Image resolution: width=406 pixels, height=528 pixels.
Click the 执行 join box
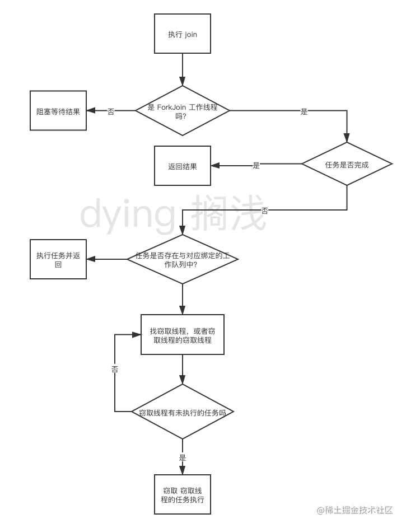(x=183, y=34)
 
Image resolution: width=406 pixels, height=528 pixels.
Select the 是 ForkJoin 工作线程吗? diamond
(x=183, y=110)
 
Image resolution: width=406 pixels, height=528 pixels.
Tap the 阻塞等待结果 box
(x=58, y=111)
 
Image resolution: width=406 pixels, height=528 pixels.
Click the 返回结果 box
(x=183, y=166)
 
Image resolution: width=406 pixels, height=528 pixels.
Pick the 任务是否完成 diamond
(x=347, y=164)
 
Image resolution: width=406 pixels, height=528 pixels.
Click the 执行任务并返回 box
(x=58, y=259)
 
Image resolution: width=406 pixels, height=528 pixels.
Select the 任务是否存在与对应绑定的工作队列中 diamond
(x=183, y=259)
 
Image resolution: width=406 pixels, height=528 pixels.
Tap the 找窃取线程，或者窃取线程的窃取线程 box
(x=183, y=335)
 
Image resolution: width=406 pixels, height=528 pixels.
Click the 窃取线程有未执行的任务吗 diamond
(x=183, y=412)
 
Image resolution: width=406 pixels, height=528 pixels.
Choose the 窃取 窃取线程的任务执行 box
(x=183, y=494)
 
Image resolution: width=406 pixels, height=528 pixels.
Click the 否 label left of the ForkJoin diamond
(x=111, y=111)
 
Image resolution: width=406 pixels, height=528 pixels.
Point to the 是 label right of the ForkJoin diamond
(x=304, y=111)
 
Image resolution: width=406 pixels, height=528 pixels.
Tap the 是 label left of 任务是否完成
(x=256, y=165)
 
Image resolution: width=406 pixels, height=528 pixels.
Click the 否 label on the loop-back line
(x=115, y=368)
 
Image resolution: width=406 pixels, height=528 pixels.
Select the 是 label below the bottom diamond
(x=183, y=457)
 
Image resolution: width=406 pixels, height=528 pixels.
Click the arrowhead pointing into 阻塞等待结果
(x=91, y=111)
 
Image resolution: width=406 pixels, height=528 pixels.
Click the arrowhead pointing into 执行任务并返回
(x=91, y=259)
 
